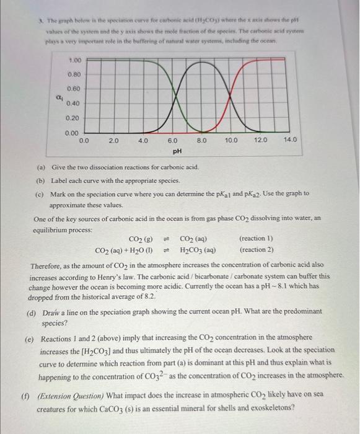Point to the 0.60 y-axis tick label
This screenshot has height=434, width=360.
(x=73, y=89)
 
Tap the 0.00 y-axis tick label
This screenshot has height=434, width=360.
(x=73, y=132)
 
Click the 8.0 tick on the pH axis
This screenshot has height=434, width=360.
(x=202, y=141)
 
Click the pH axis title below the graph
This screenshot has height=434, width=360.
(x=177, y=150)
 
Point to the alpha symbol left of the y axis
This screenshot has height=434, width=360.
(x=59, y=97)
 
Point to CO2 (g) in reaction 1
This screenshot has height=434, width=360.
(x=141, y=239)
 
